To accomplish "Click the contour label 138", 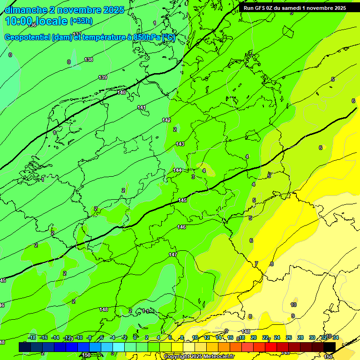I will pos(89,60).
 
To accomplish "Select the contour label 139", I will pos(103,77).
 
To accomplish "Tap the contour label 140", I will pos(121,93).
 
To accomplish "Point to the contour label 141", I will pos(142,108).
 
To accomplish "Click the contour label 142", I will pos(166,120).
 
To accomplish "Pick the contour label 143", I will pos(180,144).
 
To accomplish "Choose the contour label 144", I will pos(177,170).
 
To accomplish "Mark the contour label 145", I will pos(182,200).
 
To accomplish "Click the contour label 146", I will pos(181,227).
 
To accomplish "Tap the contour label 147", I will pos(173,255).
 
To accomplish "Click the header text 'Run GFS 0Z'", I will pos(261,8).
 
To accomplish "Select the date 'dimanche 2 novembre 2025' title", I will pos(64,10).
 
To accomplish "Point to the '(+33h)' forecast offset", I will pos(81,21).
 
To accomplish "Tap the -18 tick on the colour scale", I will pos(32,337).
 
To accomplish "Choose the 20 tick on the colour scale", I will pos(253,337).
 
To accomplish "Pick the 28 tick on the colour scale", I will pos(300,337).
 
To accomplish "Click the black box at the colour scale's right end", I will pos(330,346).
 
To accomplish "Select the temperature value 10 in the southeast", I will pos(293,305).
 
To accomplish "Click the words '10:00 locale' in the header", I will pos(36,21).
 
